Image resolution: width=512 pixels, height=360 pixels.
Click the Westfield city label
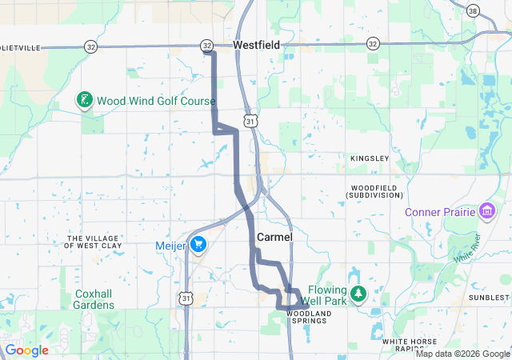257,46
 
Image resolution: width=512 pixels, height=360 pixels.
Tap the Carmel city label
274,238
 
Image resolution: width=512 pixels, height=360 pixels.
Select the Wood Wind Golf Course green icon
82,101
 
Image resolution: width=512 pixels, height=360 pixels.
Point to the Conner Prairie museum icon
486,212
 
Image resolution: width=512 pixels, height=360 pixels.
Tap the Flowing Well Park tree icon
358,294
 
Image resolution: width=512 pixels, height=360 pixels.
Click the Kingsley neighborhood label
370,158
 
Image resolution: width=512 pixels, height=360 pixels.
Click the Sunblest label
489,297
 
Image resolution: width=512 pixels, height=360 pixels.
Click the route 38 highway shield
473,10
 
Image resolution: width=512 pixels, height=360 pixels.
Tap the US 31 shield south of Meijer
186,298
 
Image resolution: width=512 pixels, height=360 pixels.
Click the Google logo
26,350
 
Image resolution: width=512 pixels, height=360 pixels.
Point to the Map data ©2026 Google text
462,354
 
